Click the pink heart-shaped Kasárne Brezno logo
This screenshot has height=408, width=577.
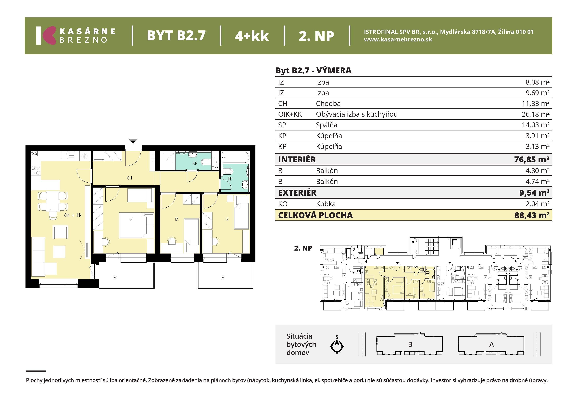49,35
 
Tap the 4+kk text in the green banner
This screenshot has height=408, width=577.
252,36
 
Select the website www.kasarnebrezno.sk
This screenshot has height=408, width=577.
398,39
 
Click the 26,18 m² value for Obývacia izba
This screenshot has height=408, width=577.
535,114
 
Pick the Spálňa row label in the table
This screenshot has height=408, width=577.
326,125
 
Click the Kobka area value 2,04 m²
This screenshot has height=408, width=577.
537,204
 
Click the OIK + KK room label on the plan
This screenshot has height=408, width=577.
73,215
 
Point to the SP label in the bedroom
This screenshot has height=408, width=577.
131,219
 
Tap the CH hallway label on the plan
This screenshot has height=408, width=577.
129,178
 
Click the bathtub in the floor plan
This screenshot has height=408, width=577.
235,157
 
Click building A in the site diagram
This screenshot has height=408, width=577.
491,344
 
